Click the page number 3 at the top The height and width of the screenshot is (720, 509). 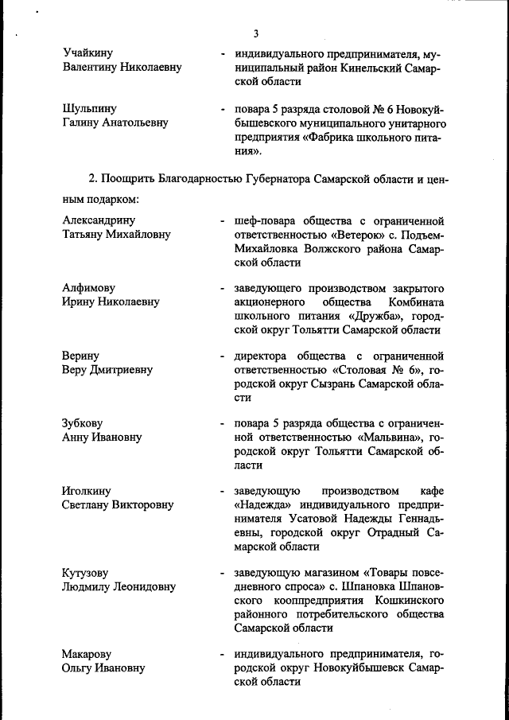coord(255,33)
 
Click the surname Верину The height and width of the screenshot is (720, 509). coord(80,356)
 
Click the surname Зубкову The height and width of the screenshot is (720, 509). coord(82,423)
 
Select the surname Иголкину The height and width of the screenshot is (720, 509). coord(86,490)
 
